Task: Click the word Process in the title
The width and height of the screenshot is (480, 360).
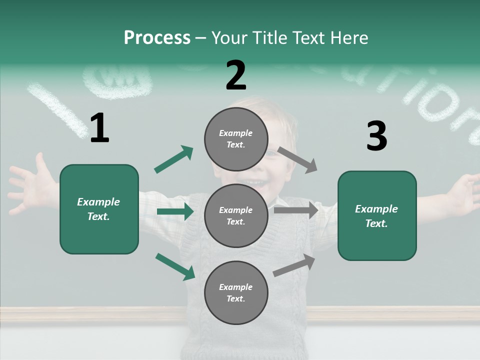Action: pyautogui.click(x=157, y=38)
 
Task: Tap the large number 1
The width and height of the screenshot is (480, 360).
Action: pyautogui.click(x=99, y=128)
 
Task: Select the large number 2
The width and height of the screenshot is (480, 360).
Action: pyautogui.click(x=236, y=75)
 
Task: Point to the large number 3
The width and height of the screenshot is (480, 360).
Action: pyautogui.click(x=376, y=136)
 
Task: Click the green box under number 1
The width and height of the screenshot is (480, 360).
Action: pyautogui.click(x=99, y=209)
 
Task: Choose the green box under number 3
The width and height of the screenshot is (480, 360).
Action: pyautogui.click(x=377, y=216)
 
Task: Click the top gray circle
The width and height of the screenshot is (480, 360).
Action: pyautogui.click(x=236, y=138)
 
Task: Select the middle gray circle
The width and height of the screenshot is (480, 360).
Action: pyautogui.click(x=236, y=215)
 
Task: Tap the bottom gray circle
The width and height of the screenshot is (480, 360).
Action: pyautogui.click(x=236, y=292)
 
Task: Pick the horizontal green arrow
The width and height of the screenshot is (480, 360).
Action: pyautogui.click(x=175, y=212)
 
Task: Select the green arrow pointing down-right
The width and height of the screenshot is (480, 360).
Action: pyautogui.click(x=175, y=266)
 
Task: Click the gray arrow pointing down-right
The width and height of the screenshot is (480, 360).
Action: pyautogui.click(x=297, y=160)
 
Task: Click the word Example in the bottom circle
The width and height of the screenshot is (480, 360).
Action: pyautogui.click(x=236, y=287)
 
